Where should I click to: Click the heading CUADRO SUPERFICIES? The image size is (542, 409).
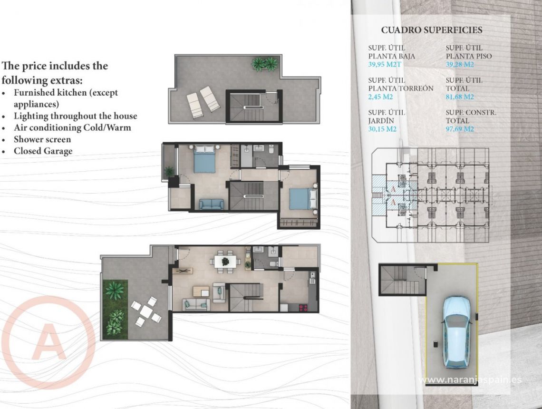click(431, 30)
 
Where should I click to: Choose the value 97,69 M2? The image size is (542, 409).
click(460, 129)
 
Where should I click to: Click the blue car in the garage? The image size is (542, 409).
click(457, 331)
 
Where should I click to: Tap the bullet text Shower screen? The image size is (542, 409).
click(42, 139)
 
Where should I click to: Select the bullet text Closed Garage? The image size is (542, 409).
click(43, 151)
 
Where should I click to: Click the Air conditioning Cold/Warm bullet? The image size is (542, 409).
click(72, 127)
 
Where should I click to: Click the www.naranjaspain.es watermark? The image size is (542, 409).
click(471, 380)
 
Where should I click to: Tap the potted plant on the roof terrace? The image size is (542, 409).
click(264, 64)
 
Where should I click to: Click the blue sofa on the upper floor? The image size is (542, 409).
click(212, 204)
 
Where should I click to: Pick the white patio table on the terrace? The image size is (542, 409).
click(146, 312)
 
